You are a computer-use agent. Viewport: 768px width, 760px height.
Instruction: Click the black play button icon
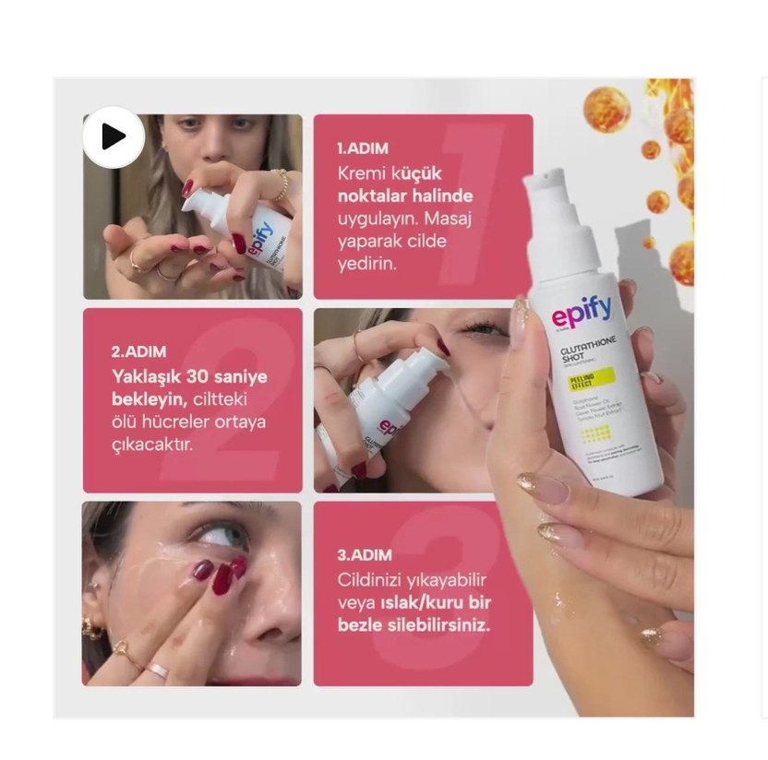[114, 137]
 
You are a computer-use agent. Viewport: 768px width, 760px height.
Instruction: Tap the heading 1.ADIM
[363, 148]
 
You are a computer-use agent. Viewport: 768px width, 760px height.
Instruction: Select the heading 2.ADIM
[138, 351]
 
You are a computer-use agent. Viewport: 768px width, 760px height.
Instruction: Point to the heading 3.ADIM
[364, 555]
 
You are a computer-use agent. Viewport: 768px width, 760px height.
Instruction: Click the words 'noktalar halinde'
[403, 196]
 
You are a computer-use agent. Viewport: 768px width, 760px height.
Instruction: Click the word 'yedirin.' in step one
[366, 264]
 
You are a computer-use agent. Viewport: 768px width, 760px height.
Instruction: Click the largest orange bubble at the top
[606, 109]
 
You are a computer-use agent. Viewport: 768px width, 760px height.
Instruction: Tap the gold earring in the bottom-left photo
[93, 629]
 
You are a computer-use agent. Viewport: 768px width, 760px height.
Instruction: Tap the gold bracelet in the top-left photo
[280, 184]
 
